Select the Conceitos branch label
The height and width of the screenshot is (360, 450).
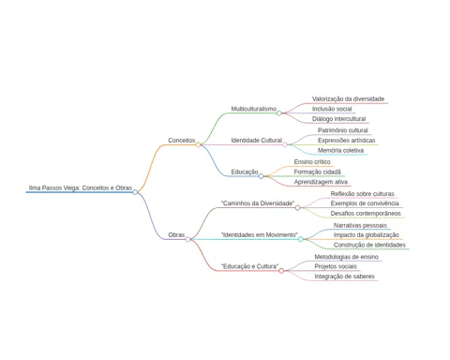tap(182, 141)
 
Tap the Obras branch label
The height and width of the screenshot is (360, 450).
tap(176, 234)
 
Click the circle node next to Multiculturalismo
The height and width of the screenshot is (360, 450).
tap(279, 113)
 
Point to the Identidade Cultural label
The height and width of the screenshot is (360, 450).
tap(257, 141)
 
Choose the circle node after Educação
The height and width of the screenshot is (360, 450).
tap(261, 176)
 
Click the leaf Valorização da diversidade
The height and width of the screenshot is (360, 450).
tap(348, 98)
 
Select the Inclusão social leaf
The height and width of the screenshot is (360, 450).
tap(332, 109)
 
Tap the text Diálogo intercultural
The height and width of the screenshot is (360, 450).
tap(338, 119)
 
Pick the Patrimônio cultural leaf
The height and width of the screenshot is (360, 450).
tap(343, 130)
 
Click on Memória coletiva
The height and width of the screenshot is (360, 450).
tap(340, 150)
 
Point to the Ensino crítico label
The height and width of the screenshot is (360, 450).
tap(312, 162)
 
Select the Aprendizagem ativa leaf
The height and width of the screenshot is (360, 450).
tap(321, 182)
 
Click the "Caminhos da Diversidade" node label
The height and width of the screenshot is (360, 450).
tap(258, 203)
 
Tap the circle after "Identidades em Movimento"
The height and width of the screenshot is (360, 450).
tap(301, 239)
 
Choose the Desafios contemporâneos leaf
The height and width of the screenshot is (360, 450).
tap(366, 214)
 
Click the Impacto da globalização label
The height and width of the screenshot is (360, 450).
tap(367, 235)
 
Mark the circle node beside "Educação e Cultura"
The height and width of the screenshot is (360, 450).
tap(281, 271)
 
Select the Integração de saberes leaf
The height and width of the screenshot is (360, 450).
tap(344, 277)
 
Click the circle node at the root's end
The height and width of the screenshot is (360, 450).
tap(135, 192)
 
